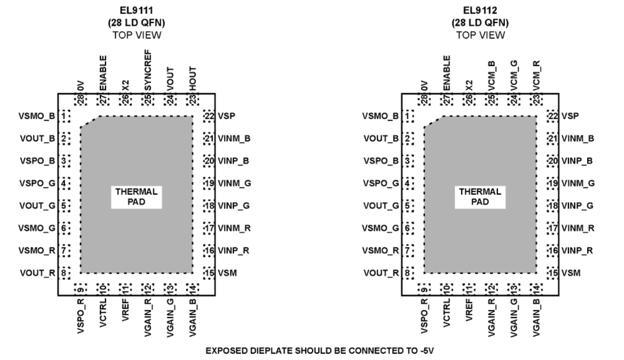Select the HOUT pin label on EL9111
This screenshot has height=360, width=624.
click(x=192, y=77)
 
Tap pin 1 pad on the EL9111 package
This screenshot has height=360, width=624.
click(x=65, y=117)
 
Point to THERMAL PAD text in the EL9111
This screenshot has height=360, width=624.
click(x=136, y=197)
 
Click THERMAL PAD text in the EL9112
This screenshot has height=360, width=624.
click(x=480, y=197)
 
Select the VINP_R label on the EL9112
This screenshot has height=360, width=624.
click(x=577, y=250)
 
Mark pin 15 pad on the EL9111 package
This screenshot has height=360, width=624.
click(x=209, y=273)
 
